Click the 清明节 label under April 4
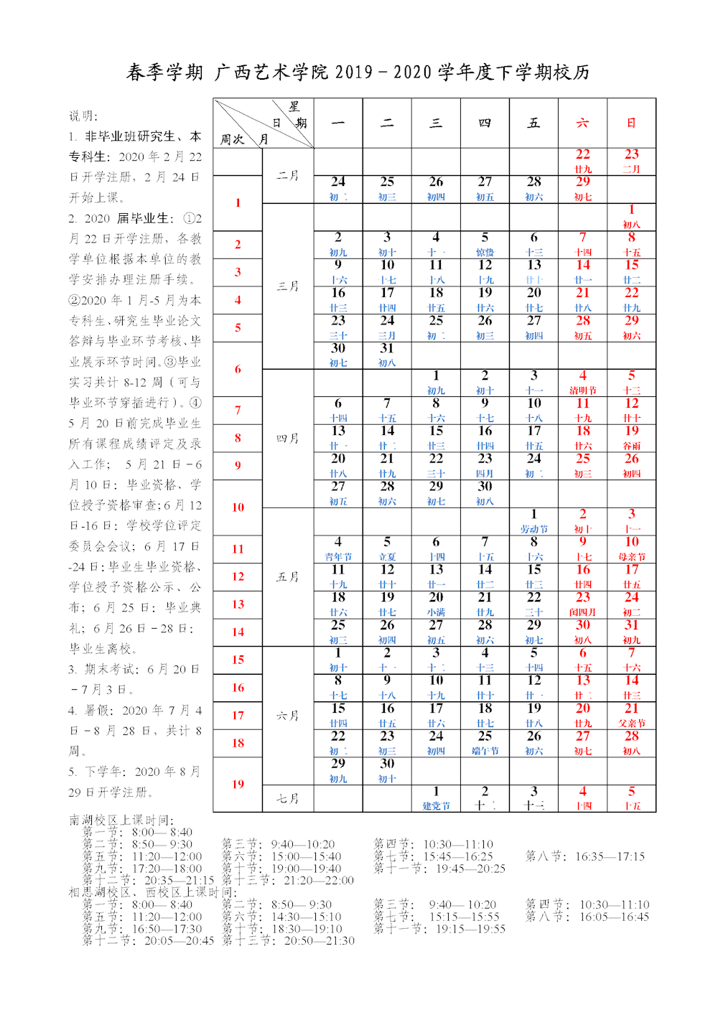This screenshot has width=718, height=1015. coord(582,390)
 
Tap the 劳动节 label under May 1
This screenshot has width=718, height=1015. coord(533,529)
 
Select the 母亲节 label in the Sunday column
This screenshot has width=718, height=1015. coord(631,557)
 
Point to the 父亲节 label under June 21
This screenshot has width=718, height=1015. coord(631,724)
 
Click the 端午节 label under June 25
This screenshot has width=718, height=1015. coord(485,751)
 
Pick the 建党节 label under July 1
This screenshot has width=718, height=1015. coord(436,806)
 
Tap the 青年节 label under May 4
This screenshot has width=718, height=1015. coord(338,557)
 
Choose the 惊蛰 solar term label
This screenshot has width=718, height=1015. coord(485,252)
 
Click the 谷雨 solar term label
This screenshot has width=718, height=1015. coord(631,446)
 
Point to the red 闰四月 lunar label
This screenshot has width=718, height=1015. coord(582,612)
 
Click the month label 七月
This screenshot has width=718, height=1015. coord(287,798)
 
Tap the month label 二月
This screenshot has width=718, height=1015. coord(287,175)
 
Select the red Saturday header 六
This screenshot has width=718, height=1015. coord(582,123)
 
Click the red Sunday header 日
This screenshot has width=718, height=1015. coord(631,123)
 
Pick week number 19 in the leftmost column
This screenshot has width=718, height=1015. coord(238,784)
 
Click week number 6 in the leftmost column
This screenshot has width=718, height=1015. coord(238,369)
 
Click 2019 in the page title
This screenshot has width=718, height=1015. coord(354,72)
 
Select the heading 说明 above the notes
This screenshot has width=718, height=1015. coord(83,116)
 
